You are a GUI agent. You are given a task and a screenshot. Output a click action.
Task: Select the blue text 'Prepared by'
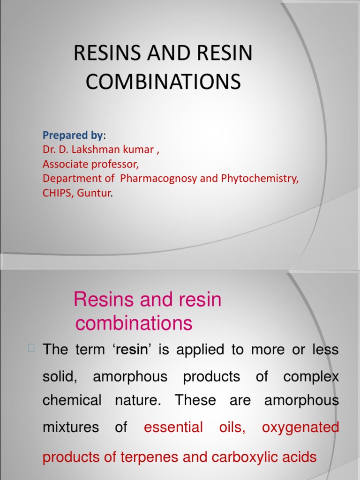click(x=73, y=135)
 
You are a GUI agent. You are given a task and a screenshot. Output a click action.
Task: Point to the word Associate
click(x=65, y=165)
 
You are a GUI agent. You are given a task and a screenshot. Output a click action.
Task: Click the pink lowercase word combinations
click(x=134, y=323)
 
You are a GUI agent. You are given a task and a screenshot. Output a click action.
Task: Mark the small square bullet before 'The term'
click(x=31, y=348)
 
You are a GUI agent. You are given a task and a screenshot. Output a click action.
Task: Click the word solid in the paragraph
click(x=60, y=376)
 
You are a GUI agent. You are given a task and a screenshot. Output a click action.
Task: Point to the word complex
click(x=311, y=376)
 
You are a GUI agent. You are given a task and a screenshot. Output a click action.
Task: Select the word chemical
click(x=72, y=400)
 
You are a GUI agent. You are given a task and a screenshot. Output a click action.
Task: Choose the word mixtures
click(x=70, y=427)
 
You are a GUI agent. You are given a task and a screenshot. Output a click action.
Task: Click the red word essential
click(x=173, y=427)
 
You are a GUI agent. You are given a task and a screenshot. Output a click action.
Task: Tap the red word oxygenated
click(x=300, y=427)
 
